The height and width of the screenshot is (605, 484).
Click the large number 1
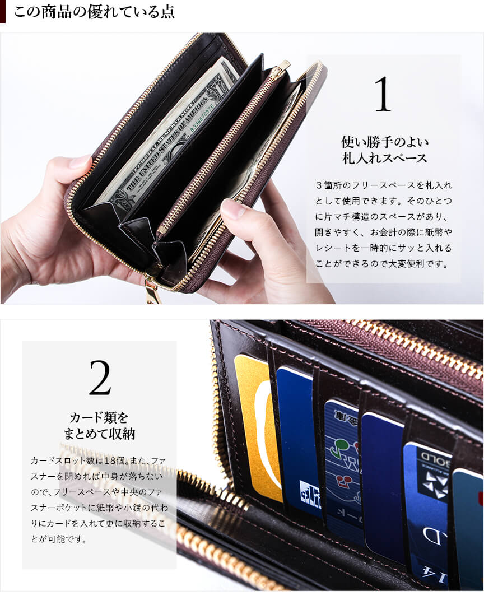(383, 94)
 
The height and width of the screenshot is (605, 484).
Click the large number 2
(100, 378)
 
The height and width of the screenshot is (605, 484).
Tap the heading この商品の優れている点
(94, 12)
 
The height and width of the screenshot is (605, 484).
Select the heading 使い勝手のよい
(385, 142)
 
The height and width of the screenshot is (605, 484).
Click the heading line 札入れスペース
(385, 158)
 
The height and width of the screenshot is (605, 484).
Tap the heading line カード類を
(99, 417)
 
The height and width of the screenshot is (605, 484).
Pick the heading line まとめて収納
(99, 434)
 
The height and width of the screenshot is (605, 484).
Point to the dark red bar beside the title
(3, 12)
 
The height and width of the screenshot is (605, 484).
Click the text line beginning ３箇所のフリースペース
(384, 185)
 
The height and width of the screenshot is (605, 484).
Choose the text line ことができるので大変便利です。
(382, 264)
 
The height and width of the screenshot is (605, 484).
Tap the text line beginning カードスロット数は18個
(99, 460)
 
